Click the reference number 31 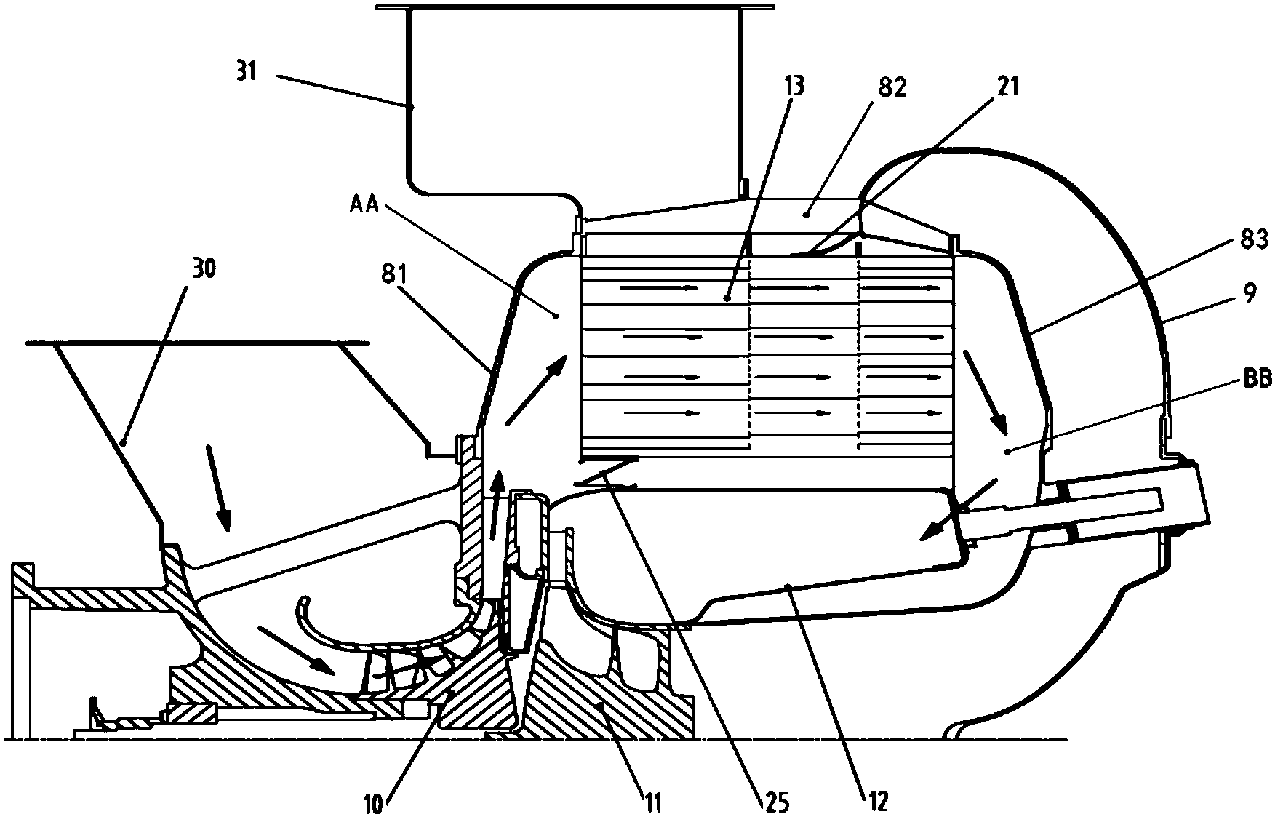coord(247,73)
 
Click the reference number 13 coord(794,87)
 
